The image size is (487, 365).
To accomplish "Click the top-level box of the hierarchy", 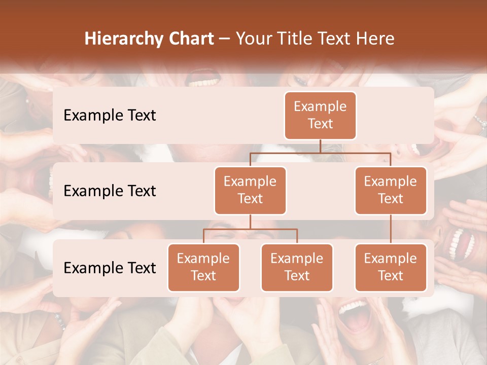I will tap(320, 115).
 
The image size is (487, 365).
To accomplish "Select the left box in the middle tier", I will tap(250, 190).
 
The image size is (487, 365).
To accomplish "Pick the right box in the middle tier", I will tap(391, 190).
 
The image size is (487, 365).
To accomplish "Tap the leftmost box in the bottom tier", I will tap(203, 267).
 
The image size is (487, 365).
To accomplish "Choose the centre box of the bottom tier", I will tap(297, 267).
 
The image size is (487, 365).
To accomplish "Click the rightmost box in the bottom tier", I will tap(391, 267).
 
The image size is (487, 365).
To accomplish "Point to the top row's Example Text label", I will tap(110, 116).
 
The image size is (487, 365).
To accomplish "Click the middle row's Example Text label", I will tap(110, 191).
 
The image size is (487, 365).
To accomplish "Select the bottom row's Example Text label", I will tap(110, 268).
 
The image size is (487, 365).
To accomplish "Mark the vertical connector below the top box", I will tap(320, 146).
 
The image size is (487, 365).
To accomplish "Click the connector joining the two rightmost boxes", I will tap(391, 229).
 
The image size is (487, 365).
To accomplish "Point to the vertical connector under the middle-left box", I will tap(250, 222).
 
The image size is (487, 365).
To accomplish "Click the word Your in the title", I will tap(252, 39).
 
